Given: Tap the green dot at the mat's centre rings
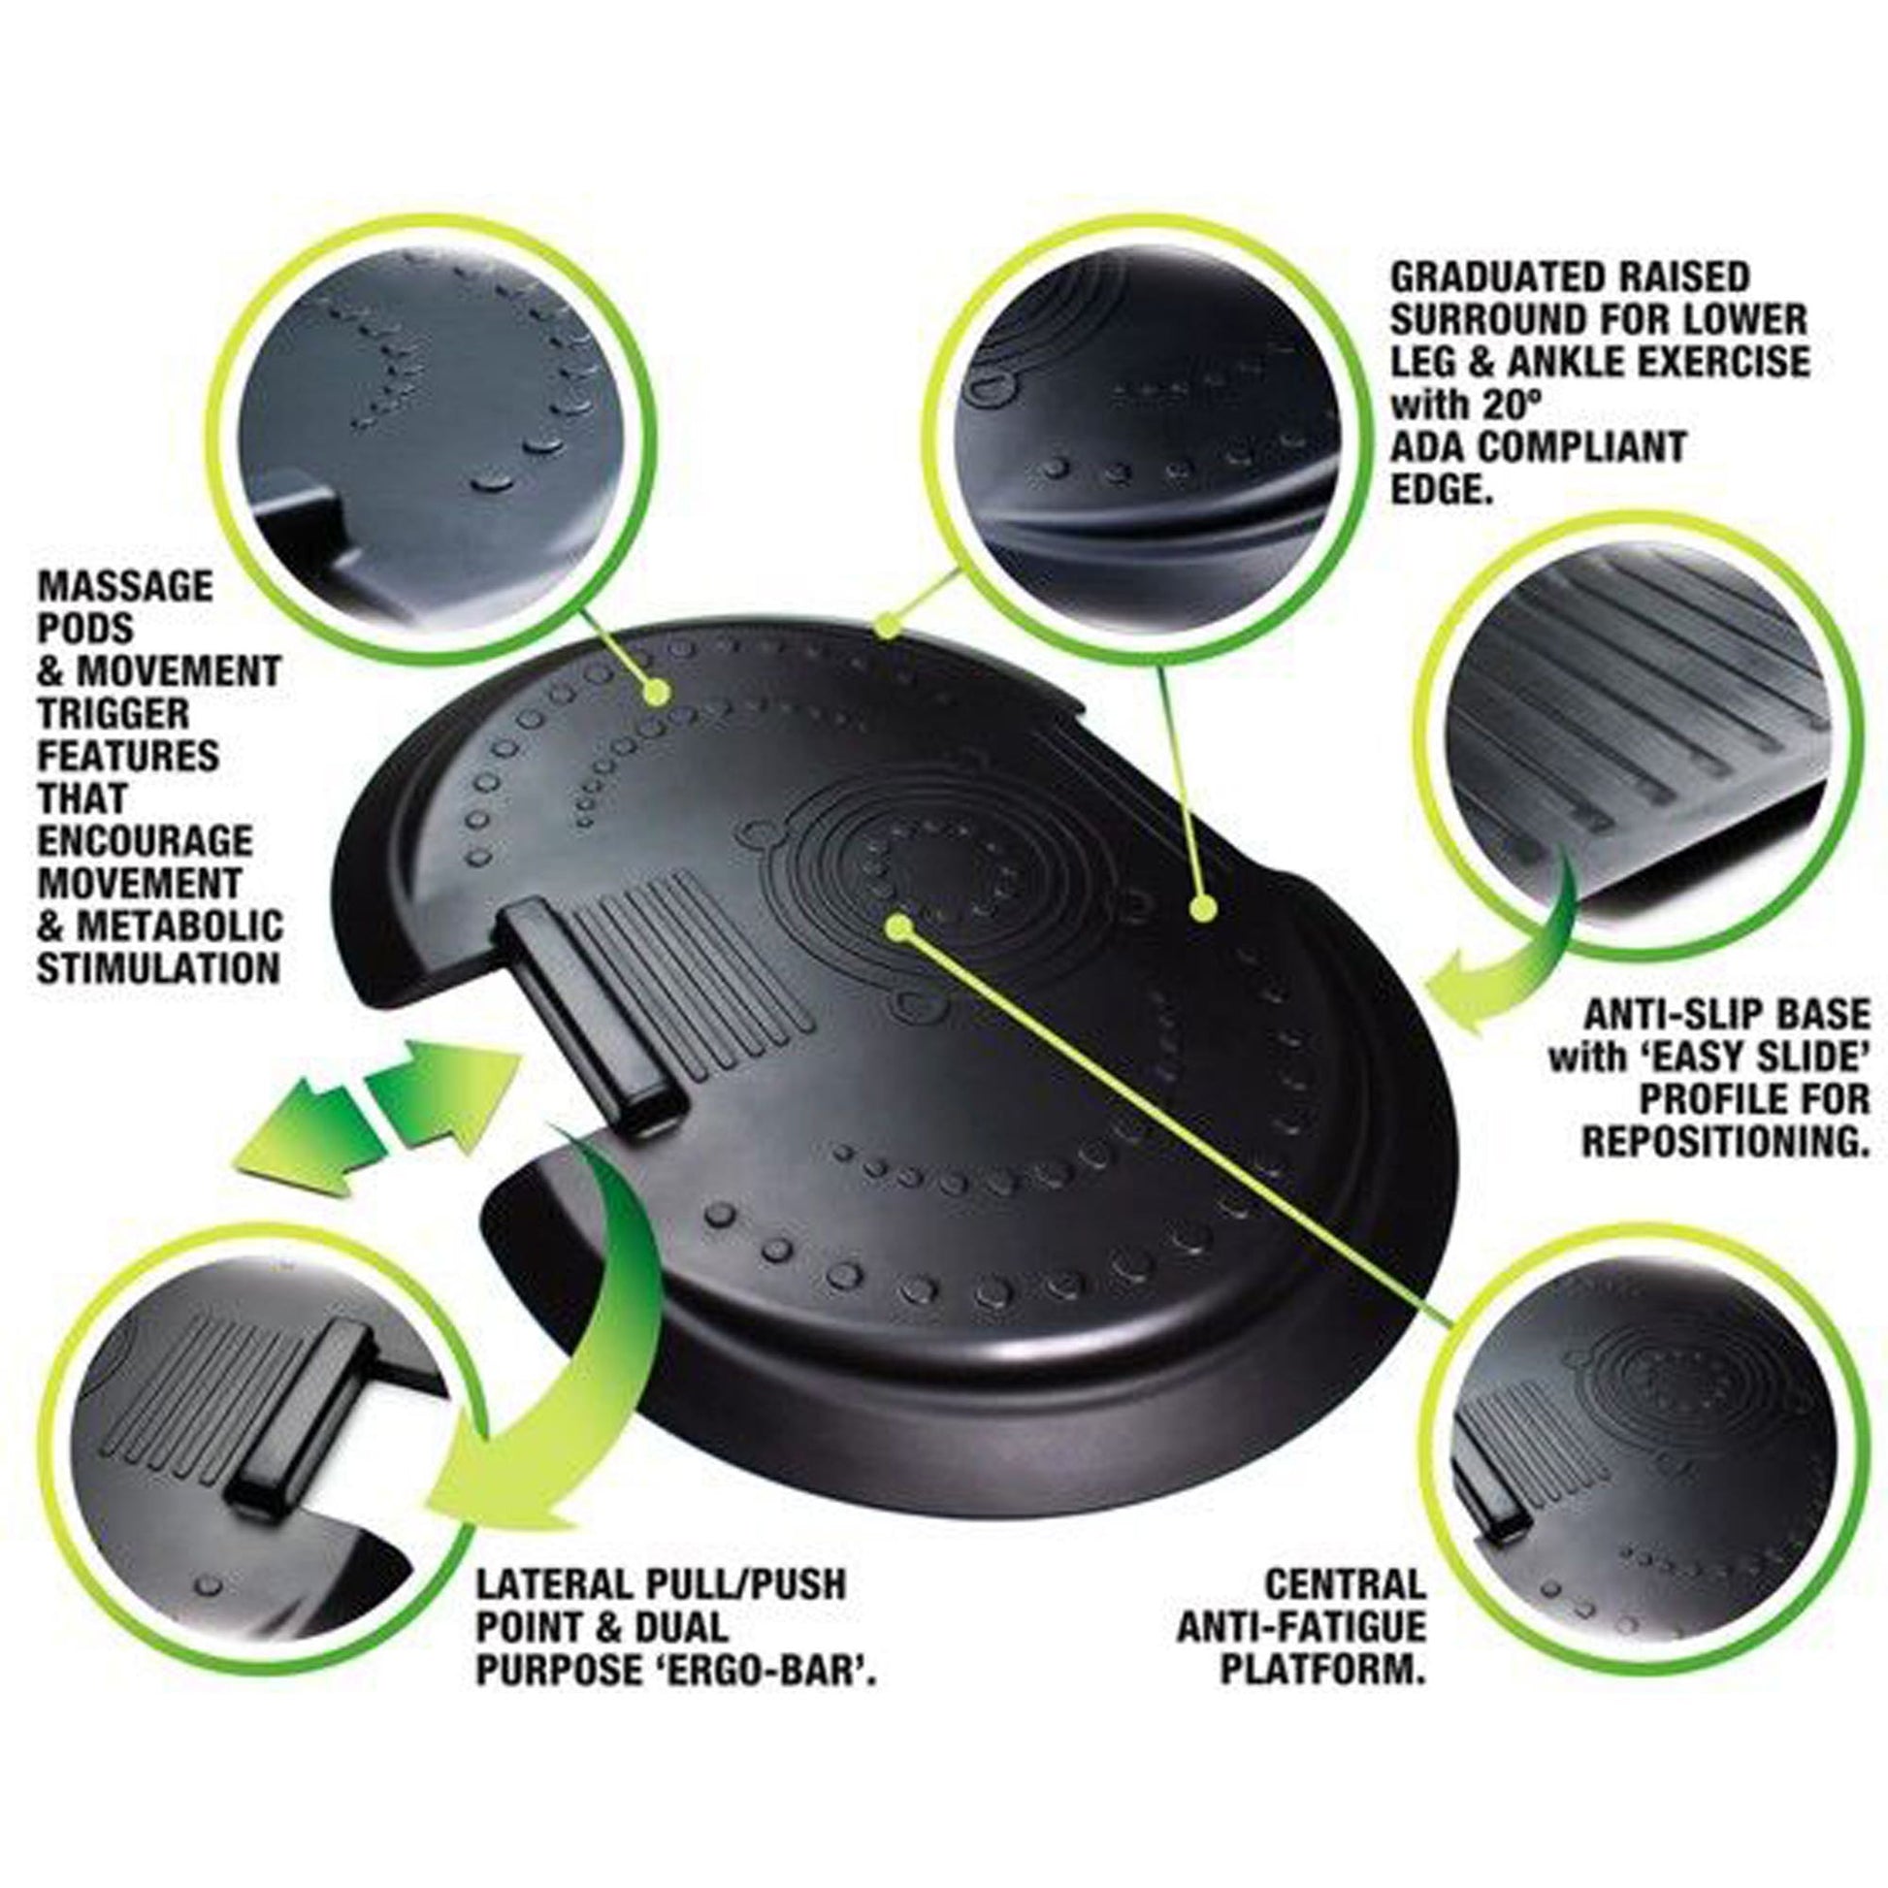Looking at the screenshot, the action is click(899, 926).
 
